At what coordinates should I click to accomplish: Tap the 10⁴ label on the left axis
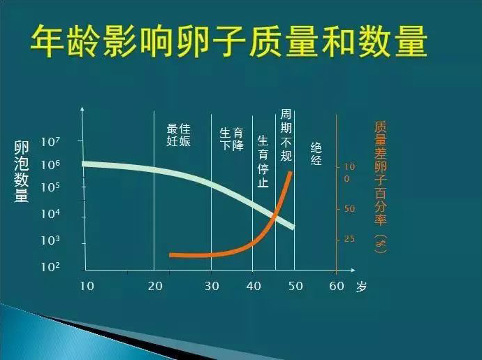point(50,215)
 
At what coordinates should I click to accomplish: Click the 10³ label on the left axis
point(50,241)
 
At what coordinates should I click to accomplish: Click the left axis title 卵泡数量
point(22,172)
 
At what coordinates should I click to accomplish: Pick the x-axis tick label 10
point(87,286)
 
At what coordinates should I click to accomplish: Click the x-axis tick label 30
point(212,286)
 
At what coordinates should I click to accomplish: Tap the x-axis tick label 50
point(296,286)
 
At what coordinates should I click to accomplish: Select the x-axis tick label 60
point(337,286)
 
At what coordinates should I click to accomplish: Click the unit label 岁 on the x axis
point(360,287)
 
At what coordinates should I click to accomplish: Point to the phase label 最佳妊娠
point(179,135)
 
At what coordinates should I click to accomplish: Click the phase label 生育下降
point(231,139)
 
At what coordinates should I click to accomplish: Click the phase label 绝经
point(316,153)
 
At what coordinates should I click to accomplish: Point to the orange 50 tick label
point(350,209)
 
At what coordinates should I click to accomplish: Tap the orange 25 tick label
point(350,240)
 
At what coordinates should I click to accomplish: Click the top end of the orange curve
point(290,172)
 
